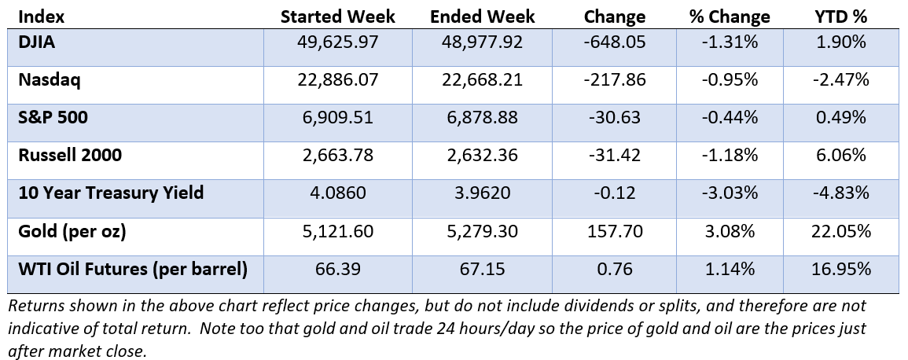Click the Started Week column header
pos(338,17)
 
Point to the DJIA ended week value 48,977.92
pos(483,42)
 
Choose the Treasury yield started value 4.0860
pos(338,193)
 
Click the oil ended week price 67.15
pos(483,270)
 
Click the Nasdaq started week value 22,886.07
pos(338,79)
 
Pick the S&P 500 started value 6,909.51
pos(338,118)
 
